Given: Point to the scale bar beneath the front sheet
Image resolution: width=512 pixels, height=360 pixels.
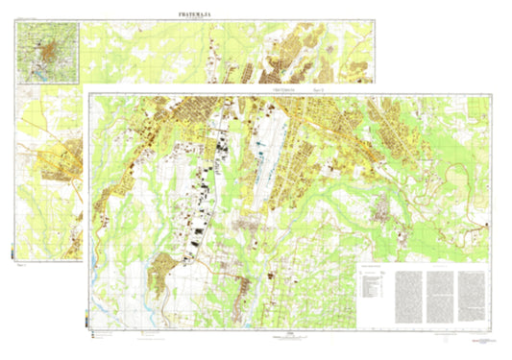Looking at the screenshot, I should pos(288,337).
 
